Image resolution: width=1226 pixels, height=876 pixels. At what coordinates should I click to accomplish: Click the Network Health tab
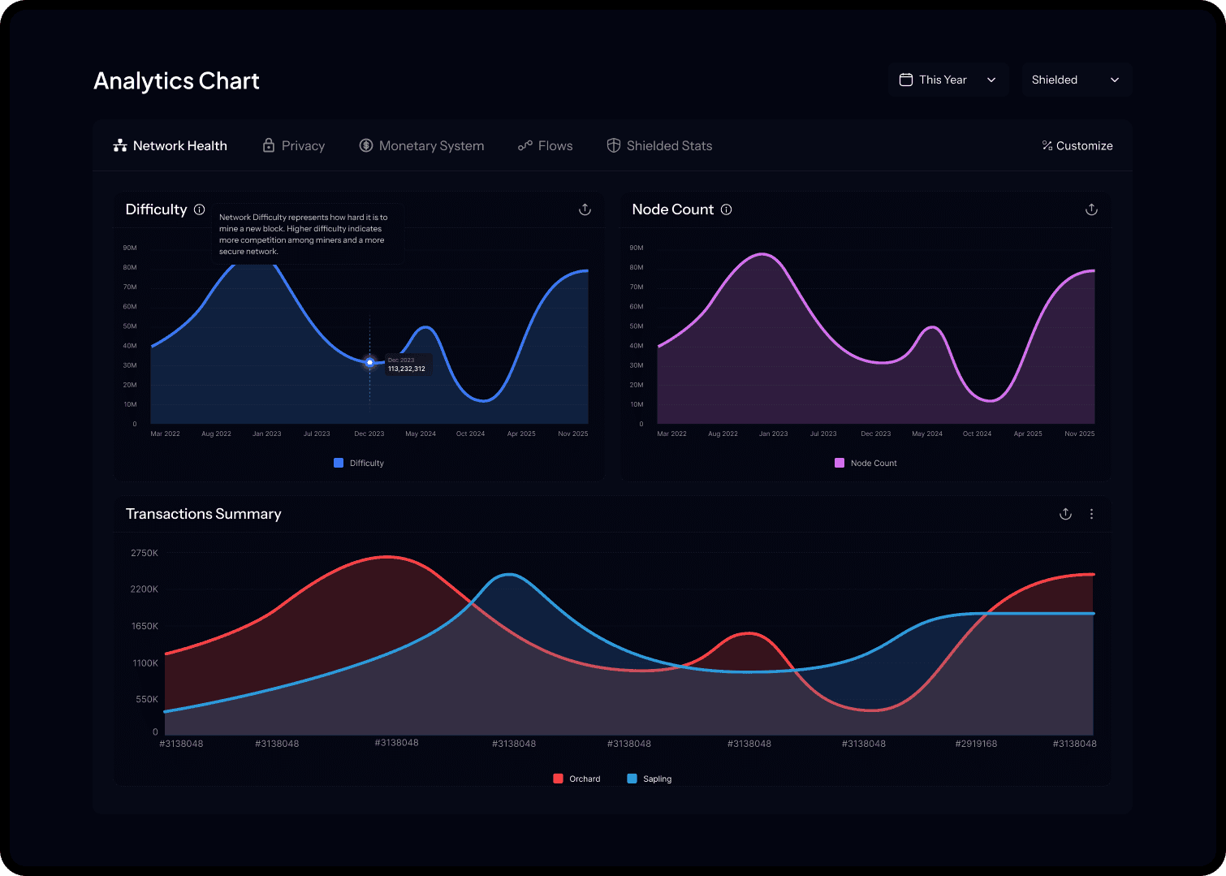coord(171,146)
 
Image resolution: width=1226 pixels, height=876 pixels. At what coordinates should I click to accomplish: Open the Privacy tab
coord(294,146)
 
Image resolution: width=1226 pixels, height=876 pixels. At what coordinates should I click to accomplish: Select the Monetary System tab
coord(422,146)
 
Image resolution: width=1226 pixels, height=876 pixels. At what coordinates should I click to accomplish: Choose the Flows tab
coord(546,146)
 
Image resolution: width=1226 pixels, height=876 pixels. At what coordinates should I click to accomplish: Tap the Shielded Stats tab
coord(660,146)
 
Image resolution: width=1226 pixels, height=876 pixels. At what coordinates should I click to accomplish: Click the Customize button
coord(1077,146)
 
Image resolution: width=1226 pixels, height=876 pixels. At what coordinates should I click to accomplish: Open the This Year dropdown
coord(948,80)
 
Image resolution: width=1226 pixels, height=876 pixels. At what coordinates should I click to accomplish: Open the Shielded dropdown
coord(1076,80)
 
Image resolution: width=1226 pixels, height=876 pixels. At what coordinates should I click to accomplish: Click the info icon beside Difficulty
coord(200,209)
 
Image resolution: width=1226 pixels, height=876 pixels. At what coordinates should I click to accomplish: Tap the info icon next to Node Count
coord(727,209)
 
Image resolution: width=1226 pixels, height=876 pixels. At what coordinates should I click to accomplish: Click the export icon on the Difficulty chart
coord(585,209)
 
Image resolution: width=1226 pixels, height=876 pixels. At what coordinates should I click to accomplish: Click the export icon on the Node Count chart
coord(1091,209)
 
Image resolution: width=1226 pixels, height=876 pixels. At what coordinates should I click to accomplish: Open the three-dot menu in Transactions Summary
coord(1091,514)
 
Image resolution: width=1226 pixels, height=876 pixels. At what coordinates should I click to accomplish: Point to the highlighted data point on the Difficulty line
coord(369,362)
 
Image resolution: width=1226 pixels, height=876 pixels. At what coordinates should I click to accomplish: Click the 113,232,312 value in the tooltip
coord(407,369)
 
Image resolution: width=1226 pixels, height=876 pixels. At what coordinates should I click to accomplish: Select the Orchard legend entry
coord(577,779)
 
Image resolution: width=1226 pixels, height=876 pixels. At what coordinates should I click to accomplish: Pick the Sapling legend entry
coord(650,779)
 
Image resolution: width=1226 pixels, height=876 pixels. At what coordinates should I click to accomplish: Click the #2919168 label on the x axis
coord(976,744)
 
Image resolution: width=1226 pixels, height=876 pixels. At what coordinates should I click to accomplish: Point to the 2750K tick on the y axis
coord(145,553)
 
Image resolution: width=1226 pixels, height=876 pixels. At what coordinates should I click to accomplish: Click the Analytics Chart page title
coord(176,81)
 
